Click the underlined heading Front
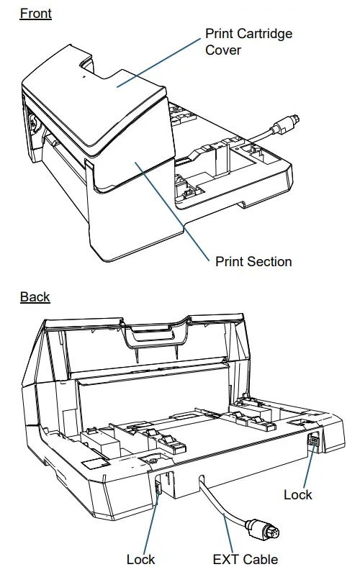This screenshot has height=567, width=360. click(x=35, y=13)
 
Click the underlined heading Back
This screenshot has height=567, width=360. click(x=35, y=296)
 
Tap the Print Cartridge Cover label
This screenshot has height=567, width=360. click(x=248, y=42)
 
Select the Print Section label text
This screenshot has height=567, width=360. click(x=253, y=261)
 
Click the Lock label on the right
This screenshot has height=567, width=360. click(x=297, y=494)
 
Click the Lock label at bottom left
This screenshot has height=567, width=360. click(x=140, y=559)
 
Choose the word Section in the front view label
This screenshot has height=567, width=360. click(x=270, y=261)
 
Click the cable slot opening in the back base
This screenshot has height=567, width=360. click(x=202, y=480)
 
